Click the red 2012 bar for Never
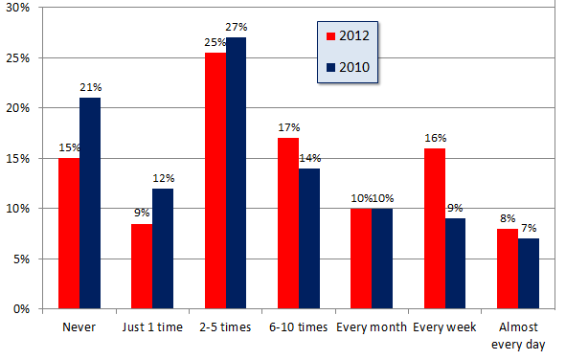[69, 234]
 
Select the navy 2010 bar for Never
[90, 203]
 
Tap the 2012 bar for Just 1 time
[142, 266]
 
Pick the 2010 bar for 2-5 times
[237, 173]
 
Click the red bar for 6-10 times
[288, 223]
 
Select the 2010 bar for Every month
[382, 259]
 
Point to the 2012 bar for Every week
[435, 229]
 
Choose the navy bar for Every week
[455, 263]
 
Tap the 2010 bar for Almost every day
[529, 274]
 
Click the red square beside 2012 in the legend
[330, 36]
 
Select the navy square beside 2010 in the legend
[330, 67]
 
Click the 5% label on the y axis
[21, 259]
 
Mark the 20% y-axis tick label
[17, 108]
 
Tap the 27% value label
[237, 27]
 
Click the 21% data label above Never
[91, 87]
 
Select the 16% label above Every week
[436, 138]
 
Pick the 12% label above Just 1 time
[164, 178]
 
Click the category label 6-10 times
[298, 327]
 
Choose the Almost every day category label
[518, 336]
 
